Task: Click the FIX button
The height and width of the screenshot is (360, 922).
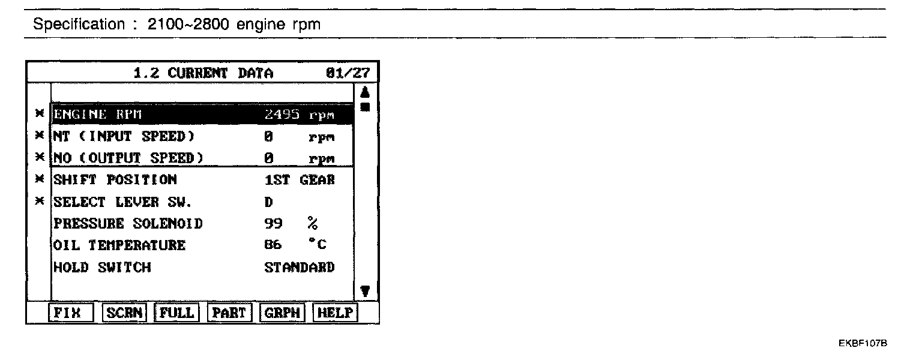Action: [x=71, y=313]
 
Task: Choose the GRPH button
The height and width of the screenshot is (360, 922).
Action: [x=282, y=313]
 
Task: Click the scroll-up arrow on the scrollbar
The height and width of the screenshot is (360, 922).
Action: [x=364, y=93]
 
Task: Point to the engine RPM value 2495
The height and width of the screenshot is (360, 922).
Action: [x=282, y=115]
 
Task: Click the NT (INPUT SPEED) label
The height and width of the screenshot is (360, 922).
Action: [x=124, y=137]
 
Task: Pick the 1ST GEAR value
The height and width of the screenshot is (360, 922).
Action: [x=300, y=180]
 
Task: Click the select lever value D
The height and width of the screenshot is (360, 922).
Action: [x=268, y=202]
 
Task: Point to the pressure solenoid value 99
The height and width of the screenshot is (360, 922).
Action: [x=273, y=224]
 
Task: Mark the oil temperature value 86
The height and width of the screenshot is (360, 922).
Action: [x=273, y=245]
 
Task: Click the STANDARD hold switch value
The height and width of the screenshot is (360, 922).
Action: [x=300, y=268]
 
